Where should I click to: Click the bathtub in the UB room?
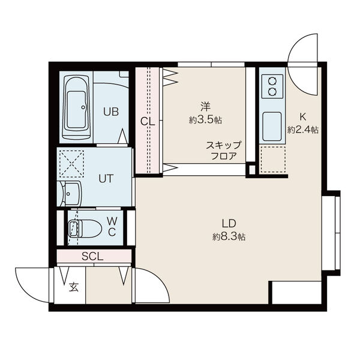point(77,107)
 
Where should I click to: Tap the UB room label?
point(111,112)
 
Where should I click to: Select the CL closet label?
point(148,122)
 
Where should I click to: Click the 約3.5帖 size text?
point(205,120)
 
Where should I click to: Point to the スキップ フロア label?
point(224,151)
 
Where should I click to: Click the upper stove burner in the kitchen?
point(272,82)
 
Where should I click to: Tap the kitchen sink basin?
point(272,127)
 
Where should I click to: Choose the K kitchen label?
point(303,117)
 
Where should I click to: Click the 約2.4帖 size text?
point(303,130)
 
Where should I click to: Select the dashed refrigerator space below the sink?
point(272,160)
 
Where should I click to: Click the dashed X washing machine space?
point(71,164)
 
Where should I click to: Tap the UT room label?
point(106,178)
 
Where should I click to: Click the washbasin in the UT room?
point(70,193)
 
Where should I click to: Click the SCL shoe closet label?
point(93,256)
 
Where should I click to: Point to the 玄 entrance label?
point(74,287)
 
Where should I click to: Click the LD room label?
point(229,223)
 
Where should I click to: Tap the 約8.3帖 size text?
point(229,236)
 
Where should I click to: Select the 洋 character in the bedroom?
point(205,107)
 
